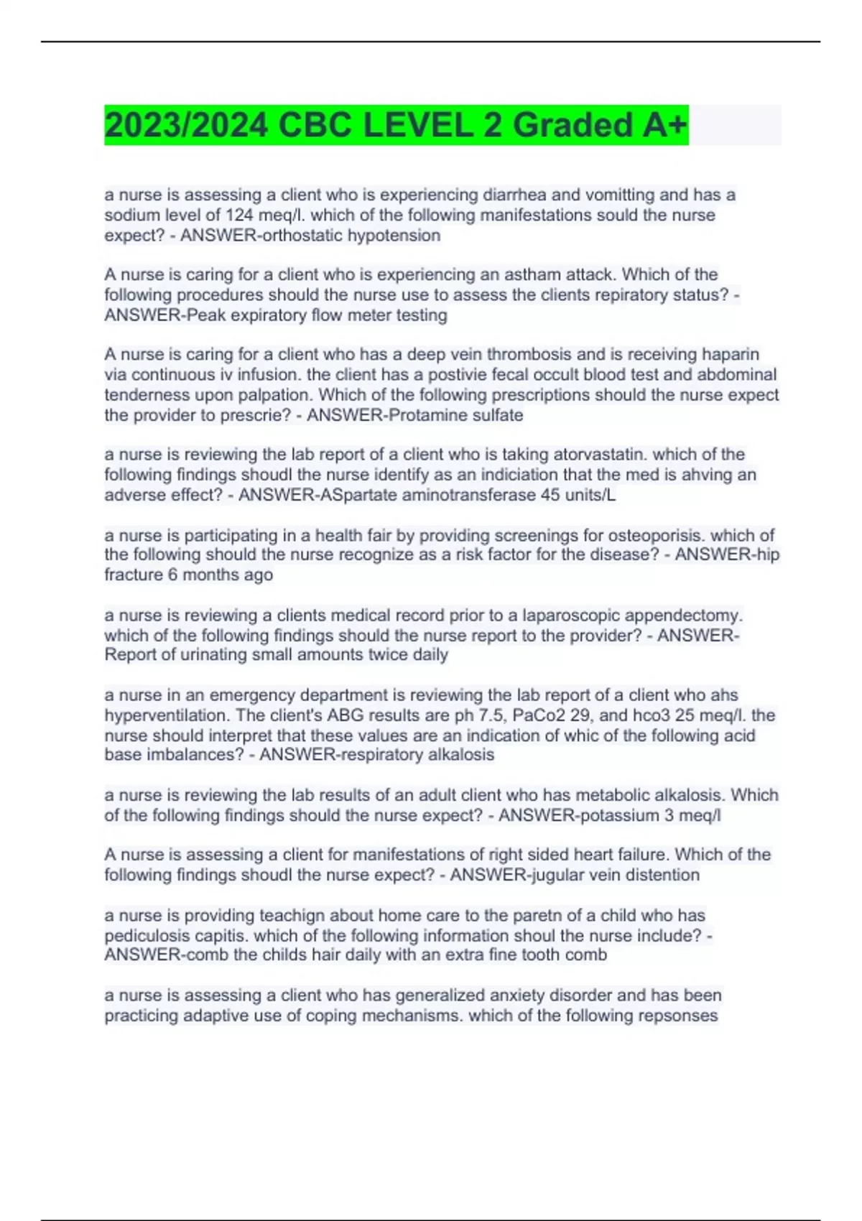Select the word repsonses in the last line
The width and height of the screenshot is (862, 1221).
coord(677,1015)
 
